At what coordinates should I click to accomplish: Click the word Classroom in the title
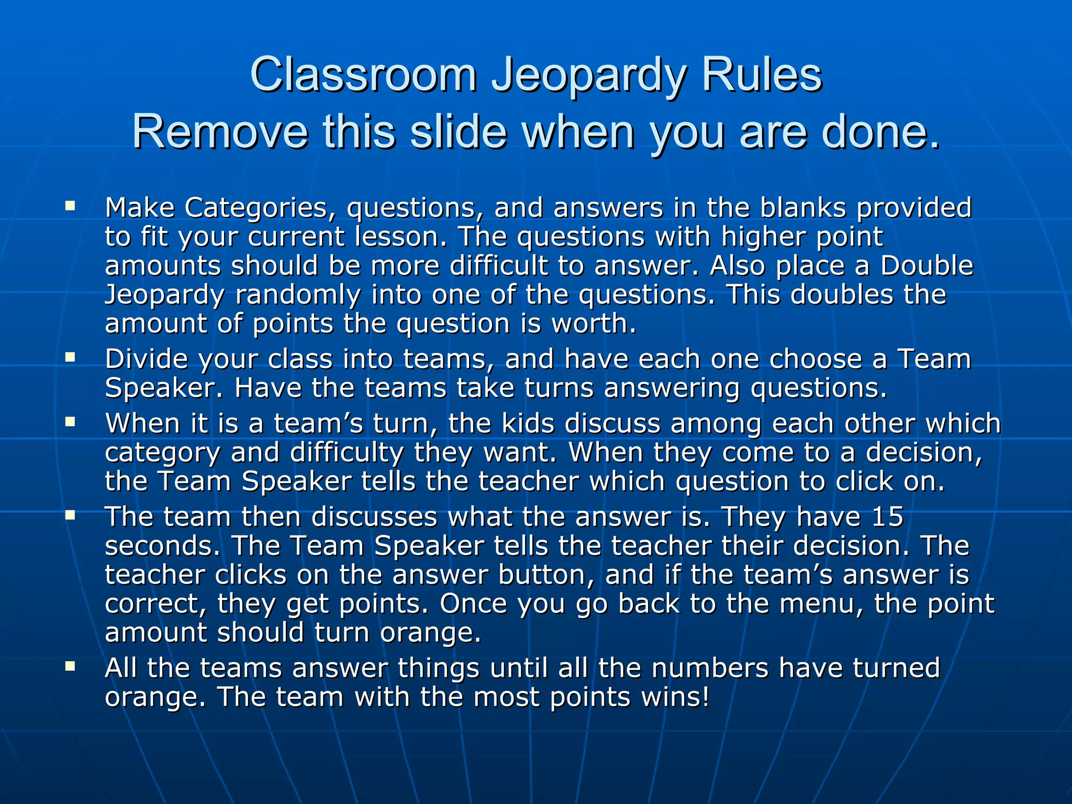[x=363, y=75]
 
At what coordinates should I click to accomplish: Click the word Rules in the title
[x=761, y=75]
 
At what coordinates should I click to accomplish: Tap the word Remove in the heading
[x=220, y=132]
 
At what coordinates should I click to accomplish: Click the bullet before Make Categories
[x=70, y=206]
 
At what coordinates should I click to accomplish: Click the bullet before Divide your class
[x=70, y=358]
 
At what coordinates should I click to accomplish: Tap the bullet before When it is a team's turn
[x=70, y=421]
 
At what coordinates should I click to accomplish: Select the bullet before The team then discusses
[x=70, y=515]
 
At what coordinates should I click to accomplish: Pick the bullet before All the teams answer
[x=70, y=666]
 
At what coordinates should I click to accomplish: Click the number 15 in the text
[x=887, y=517]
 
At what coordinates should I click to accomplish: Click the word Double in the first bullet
[x=926, y=266]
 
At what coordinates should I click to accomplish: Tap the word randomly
[x=297, y=295]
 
